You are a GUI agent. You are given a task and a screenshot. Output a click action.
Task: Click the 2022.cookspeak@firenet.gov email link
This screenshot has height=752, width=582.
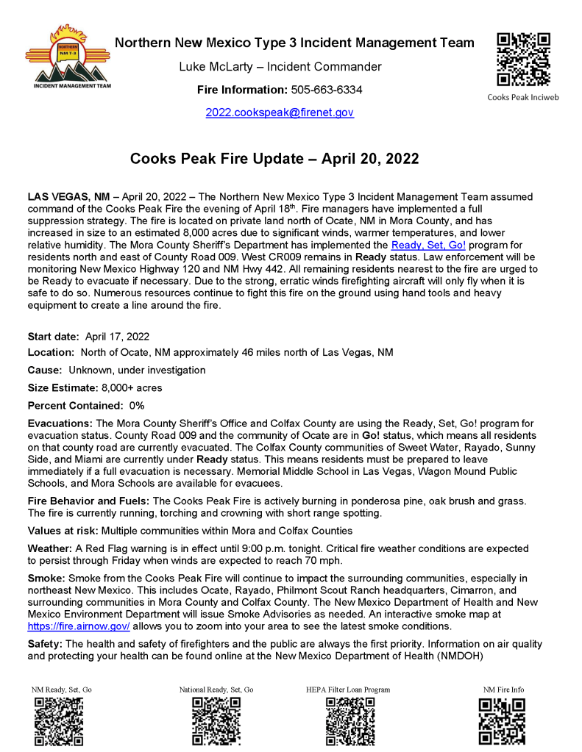280,113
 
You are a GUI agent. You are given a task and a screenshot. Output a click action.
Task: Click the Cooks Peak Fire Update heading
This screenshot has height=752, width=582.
274,159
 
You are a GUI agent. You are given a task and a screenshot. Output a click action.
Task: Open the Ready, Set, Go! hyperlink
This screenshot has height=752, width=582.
428,244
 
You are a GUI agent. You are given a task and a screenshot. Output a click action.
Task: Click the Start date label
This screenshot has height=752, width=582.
53,337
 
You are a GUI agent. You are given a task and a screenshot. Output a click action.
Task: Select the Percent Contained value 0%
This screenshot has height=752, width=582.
137,405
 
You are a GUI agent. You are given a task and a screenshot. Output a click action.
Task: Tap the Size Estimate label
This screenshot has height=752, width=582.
63,387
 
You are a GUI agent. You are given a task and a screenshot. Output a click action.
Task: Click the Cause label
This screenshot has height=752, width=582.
45,370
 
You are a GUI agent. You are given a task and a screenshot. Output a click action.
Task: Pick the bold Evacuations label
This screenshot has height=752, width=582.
60,423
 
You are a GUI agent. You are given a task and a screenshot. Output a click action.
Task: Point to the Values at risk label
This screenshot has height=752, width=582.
63,530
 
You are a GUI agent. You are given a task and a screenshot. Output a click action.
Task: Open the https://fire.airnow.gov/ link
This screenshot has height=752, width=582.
79,626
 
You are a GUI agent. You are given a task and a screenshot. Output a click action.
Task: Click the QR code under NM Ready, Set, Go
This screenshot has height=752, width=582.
59,722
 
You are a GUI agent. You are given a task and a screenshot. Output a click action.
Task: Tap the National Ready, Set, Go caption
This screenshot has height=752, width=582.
216,690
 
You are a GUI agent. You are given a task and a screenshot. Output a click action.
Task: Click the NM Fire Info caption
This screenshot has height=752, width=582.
503,690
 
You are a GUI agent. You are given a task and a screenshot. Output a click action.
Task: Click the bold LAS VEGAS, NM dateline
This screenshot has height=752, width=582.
68,198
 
